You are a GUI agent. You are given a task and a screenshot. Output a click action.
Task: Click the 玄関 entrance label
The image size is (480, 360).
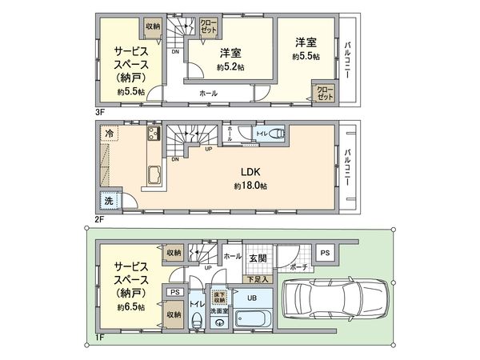tap(258, 257)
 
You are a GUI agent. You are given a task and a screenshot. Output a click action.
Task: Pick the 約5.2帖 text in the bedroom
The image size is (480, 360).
tap(230, 67)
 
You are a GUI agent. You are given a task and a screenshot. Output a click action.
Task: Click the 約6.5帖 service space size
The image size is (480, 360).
tap(130, 307)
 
